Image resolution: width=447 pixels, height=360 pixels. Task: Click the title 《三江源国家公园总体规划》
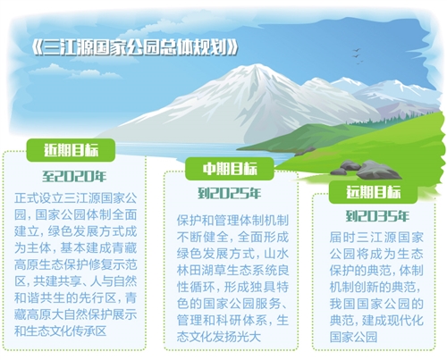pos(135,47)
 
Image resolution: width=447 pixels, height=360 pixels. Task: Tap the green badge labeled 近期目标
pos(71,150)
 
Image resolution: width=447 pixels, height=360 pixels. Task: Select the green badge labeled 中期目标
pos(230,169)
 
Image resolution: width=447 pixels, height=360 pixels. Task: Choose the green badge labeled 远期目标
pos(373,192)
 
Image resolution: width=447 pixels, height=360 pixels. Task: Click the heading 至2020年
pos(74,176)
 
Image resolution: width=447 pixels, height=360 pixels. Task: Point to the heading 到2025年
pos(230,194)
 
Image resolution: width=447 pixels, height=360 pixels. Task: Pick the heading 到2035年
pos(377,216)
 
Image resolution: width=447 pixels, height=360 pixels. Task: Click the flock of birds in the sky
pos(357,56)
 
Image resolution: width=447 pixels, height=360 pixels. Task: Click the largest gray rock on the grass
pos(377,170)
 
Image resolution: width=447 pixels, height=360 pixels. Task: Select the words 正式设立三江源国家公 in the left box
pos(76,198)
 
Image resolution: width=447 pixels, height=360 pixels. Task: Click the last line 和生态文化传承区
pos(61,331)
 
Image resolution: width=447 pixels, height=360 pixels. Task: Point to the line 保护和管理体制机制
pos(232,221)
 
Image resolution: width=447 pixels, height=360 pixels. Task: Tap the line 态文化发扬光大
pos(219,337)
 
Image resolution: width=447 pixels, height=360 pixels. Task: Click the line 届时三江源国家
pos(376,238)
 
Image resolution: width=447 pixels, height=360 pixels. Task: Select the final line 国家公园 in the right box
pos(353,337)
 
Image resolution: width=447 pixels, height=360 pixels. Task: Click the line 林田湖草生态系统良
pos(232,271)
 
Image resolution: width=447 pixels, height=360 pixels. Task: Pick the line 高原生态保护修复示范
pos(76,264)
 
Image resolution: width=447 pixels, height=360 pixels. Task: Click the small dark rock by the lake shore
pos(305,151)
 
